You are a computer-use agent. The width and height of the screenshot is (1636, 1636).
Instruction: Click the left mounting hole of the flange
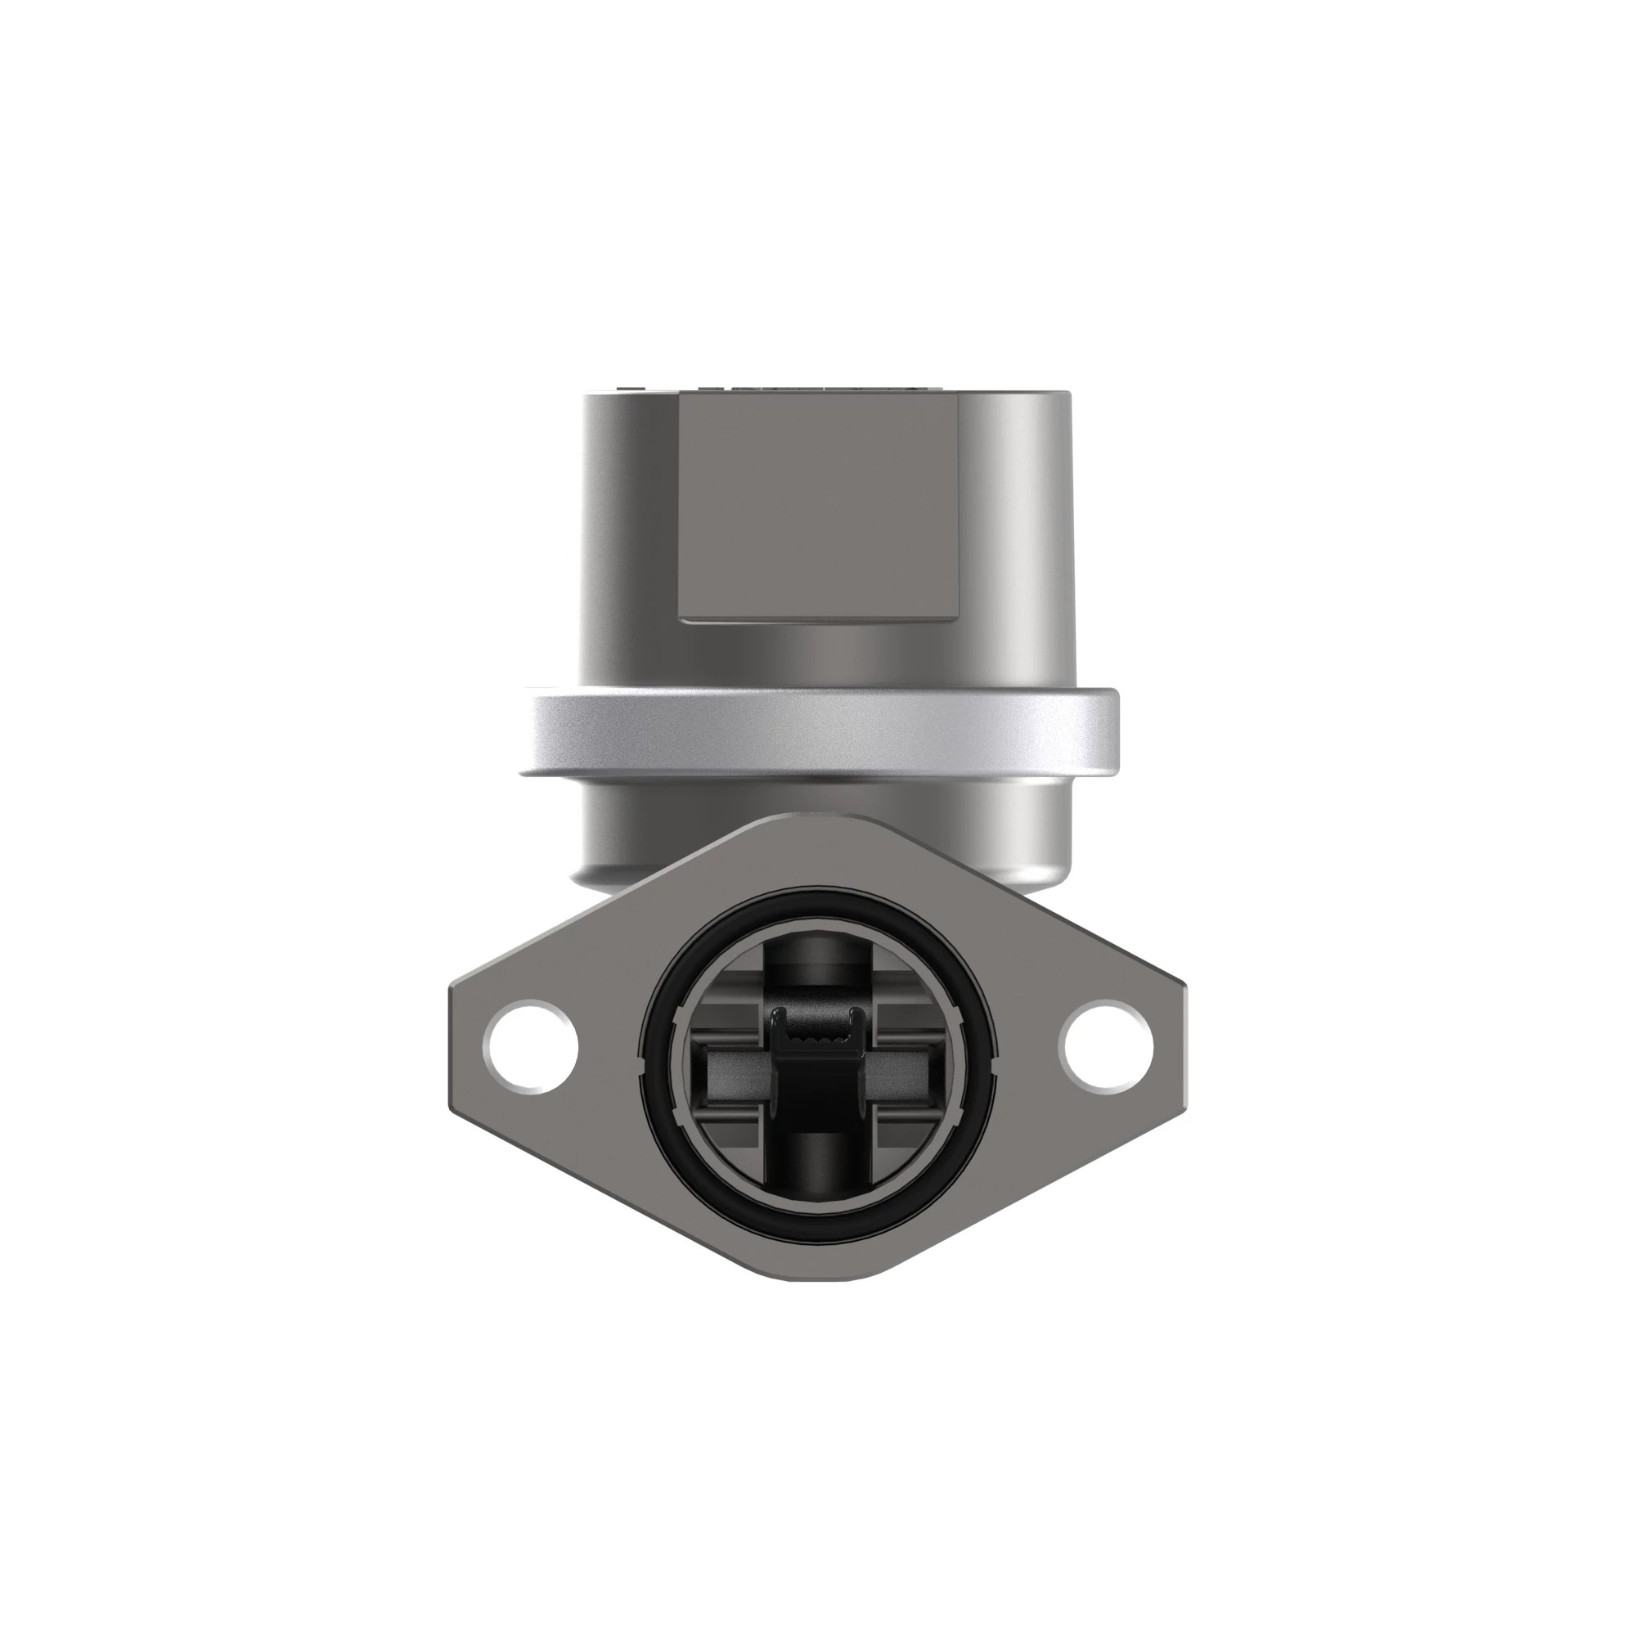click(x=530, y=1047)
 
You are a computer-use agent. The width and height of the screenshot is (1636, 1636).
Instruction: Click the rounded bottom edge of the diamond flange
click(x=817, y=1300)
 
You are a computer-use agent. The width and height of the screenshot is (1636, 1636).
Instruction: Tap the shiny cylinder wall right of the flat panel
click(x=1016, y=525)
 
